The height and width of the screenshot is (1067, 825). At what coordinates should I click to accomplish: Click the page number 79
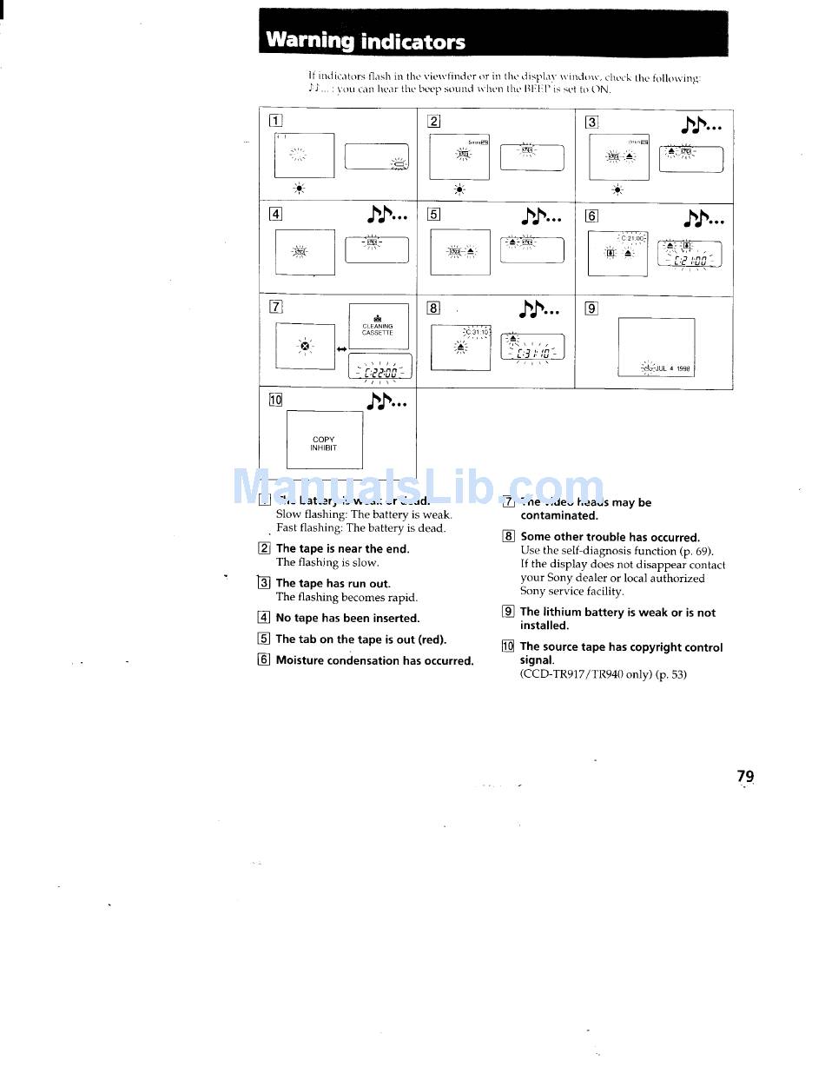(x=745, y=776)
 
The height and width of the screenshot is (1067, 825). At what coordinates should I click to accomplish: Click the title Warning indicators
(x=365, y=41)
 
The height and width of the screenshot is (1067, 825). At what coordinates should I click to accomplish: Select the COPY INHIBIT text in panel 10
(x=323, y=444)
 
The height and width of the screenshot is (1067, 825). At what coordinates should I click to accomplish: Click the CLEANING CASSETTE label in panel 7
(x=377, y=329)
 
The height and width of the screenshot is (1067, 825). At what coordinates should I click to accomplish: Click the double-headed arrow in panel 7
(x=341, y=348)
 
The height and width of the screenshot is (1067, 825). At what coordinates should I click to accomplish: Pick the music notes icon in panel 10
(x=387, y=401)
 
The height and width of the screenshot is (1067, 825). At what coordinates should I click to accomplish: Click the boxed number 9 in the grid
(x=591, y=307)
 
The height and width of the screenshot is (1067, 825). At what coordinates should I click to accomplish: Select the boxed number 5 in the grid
(x=434, y=215)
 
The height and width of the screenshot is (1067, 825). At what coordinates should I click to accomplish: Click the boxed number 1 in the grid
(x=275, y=121)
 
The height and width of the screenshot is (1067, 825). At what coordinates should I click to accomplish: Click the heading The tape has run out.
(x=333, y=584)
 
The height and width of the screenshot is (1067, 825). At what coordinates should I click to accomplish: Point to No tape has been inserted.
(x=347, y=619)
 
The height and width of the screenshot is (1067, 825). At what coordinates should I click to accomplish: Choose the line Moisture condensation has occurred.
(x=374, y=660)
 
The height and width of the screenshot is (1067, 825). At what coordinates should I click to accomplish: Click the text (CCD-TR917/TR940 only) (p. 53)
(x=603, y=674)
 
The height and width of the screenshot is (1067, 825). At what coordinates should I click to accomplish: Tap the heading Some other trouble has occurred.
(x=610, y=537)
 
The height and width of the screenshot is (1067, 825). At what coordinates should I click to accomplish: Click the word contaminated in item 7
(x=559, y=515)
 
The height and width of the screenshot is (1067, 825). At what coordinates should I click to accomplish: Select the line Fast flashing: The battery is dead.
(x=360, y=528)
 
